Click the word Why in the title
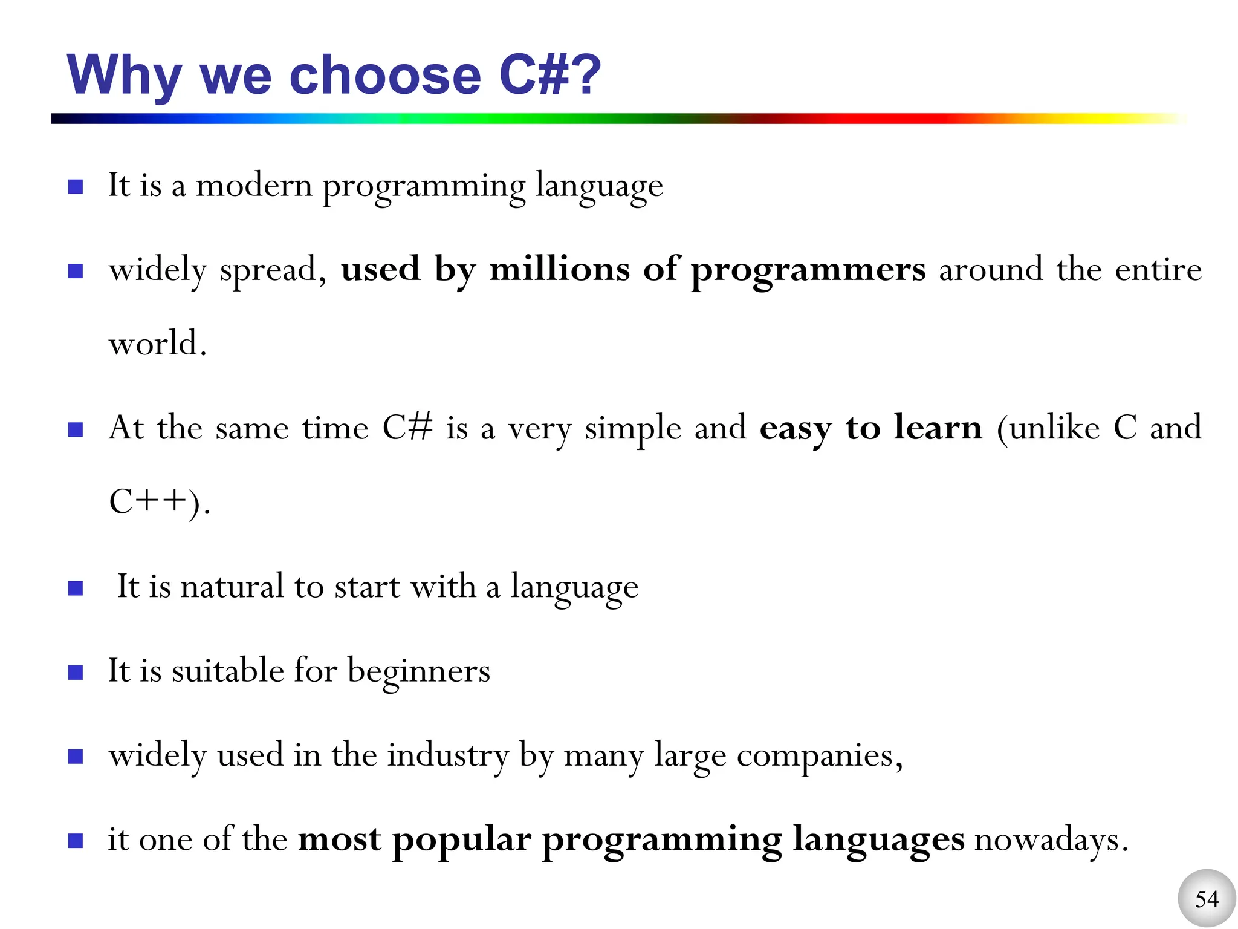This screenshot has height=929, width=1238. (124, 76)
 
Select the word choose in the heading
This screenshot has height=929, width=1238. (385, 76)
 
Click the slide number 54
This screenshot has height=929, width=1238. (1207, 899)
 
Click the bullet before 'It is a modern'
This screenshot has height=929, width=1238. (76, 186)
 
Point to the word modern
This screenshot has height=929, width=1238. (254, 185)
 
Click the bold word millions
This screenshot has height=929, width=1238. (559, 269)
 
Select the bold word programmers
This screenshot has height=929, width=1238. (808, 270)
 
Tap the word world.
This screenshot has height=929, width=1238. (157, 344)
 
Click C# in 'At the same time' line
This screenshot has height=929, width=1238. (407, 428)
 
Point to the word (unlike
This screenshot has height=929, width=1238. (1048, 428)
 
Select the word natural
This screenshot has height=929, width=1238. (232, 586)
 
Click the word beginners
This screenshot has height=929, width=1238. (418, 671)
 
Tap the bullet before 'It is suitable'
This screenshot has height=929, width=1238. (76, 673)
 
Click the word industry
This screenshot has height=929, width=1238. (448, 755)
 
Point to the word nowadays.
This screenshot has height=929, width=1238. (1051, 839)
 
